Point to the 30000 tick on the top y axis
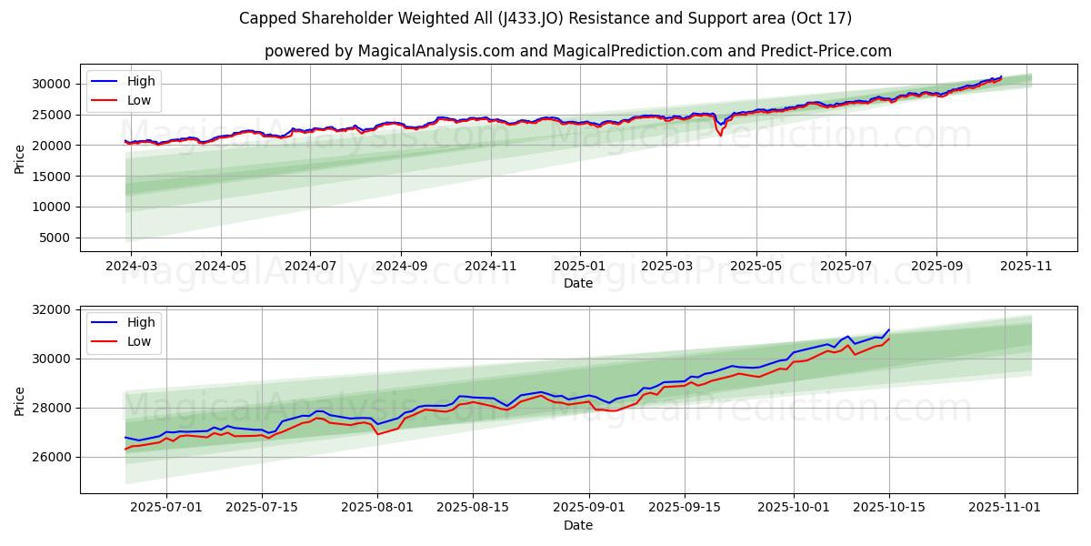(52, 84)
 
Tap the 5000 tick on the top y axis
(55, 238)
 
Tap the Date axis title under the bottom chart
(578, 525)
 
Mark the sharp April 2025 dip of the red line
(720, 135)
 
